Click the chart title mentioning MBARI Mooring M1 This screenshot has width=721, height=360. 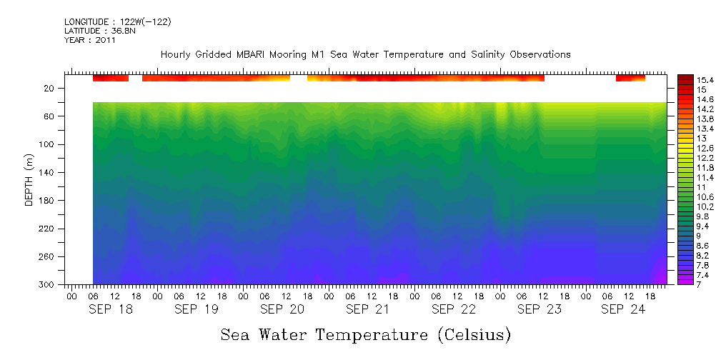tap(365, 54)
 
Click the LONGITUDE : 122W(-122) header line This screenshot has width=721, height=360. tap(117, 22)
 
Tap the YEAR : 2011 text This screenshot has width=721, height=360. tap(89, 40)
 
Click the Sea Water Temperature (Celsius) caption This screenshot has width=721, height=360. tap(365, 334)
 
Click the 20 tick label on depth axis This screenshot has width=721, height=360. tap(50, 89)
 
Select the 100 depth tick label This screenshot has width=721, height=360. tap(48, 144)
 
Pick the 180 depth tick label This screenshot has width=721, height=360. tap(48, 201)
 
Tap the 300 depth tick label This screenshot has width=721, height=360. tap(48, 285)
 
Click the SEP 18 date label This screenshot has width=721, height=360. tap(111, 309)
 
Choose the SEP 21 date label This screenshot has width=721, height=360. tap(367, 309)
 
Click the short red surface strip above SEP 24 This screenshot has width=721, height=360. tap(630, 78)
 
